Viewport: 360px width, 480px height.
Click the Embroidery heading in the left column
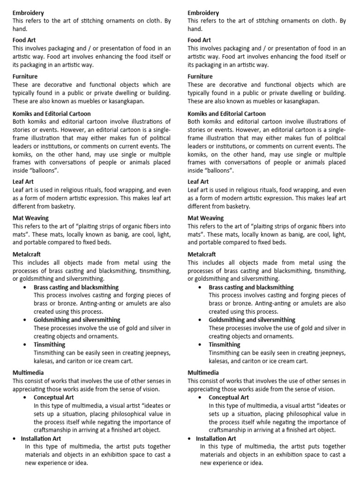pyautogui.click(x=29, y=13)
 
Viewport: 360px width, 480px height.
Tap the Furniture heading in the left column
pyautogui.click(x=25, y=76)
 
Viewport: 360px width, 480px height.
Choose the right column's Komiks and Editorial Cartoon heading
pyautogui.click(x=226, y=113)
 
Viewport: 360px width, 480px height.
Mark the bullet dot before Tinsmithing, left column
pyautogui.click(x=25, y=345)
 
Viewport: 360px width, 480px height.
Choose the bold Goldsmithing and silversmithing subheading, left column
pyautogui.click(x=77, y=320)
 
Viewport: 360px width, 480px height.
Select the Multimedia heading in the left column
pyautogui.click(x=29, y=373)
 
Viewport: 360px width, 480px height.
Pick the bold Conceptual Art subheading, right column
pyautogui.click(x=229, y=397)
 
